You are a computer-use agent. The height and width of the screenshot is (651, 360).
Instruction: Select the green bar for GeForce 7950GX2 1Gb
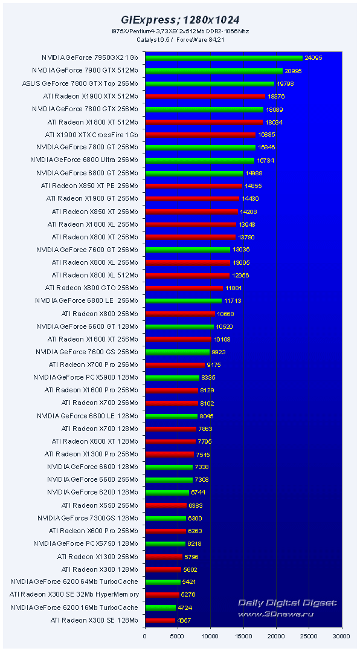click(223, 58)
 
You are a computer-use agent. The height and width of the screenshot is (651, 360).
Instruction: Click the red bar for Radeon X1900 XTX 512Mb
click(205, 96)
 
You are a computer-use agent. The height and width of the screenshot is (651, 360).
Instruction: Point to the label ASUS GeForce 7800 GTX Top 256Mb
click(80, 83)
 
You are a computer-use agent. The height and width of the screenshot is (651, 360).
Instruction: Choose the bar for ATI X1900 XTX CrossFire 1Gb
click(200, 135)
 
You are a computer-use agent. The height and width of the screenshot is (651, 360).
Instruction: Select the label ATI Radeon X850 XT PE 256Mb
click(89, 186)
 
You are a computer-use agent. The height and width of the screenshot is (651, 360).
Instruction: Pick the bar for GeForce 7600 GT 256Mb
click(187, 250)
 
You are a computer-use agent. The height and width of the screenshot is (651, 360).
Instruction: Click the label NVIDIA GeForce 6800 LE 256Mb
click(86, 300)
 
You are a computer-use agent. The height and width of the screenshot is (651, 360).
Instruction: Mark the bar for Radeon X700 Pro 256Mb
click(175, 364)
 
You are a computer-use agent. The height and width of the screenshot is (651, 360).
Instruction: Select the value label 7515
click(202, 454)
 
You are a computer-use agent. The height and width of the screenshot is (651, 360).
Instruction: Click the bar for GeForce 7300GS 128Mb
click(165, 518)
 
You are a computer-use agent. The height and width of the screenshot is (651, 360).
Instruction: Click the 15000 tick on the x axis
click(243, 635)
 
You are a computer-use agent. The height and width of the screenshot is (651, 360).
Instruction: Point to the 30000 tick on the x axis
click(342, 635)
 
